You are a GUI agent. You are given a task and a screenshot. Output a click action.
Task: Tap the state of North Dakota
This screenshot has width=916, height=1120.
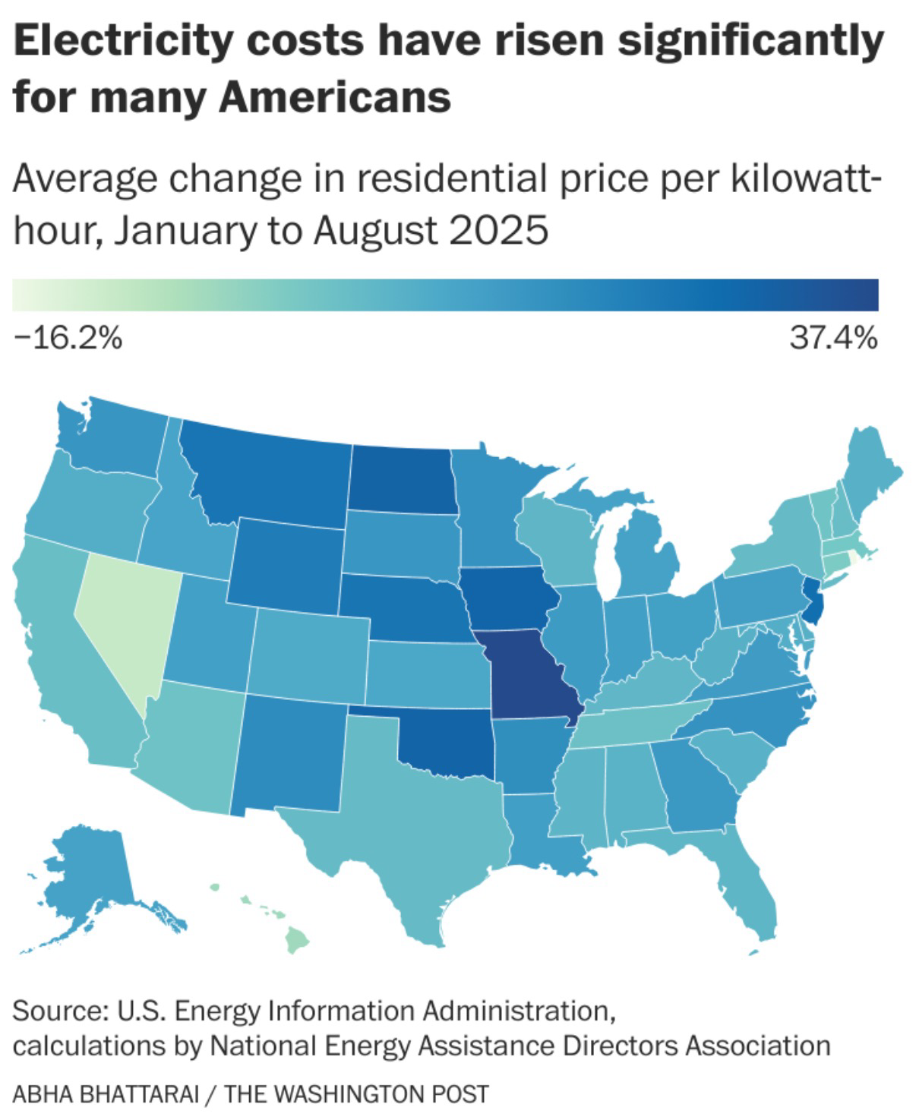[401, 478]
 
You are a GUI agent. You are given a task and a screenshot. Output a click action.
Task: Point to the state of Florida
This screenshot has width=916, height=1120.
[748, 896]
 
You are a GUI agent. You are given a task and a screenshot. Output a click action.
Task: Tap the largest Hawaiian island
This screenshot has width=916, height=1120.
[297, 942]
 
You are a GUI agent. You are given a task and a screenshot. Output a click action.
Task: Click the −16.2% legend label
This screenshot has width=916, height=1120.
[68, 339]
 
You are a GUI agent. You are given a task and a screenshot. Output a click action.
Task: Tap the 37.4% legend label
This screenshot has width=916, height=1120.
[833, 339]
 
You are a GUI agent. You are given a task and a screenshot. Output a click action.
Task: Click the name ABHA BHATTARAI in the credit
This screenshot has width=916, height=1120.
[106, 1094]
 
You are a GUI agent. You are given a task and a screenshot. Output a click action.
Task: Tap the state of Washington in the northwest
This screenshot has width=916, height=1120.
[114, 444]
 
